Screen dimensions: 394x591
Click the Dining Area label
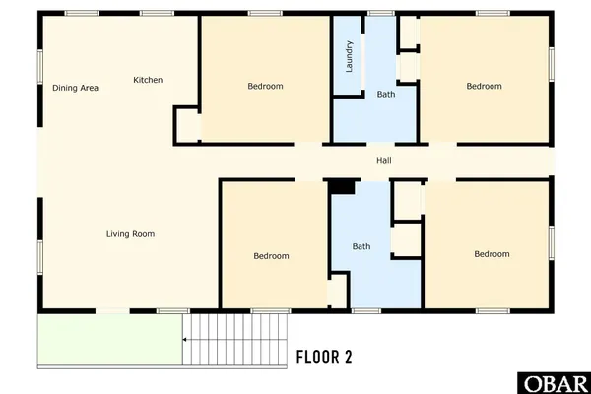tap(76, 89)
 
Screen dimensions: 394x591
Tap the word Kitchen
tap(149, 80)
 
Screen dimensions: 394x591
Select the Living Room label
tap(131, 234)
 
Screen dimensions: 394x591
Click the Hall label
tap(385, 161)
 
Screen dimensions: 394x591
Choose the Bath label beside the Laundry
tap(386, 94)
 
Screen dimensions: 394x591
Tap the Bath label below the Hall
tap(362, 246)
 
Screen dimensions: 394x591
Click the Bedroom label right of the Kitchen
tap(264, 87)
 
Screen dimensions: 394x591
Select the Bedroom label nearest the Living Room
tap(271, 256)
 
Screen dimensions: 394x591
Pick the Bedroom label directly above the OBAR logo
tap(492, 254)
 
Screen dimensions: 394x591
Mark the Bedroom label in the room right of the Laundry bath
tap(484, 87)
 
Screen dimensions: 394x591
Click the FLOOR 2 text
tap(324, 356)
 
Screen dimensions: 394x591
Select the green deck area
tap(108, 340)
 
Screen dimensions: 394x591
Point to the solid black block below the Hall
tap(341, 186)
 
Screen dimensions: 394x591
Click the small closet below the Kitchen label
tap(187, 125)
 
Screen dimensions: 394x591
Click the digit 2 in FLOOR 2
tap(347, 356)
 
